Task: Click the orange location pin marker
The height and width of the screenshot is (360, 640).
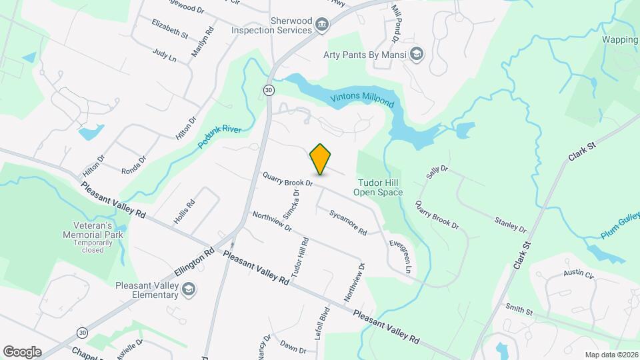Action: [x=321, y=159]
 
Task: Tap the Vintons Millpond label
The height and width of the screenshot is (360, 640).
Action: [x=363, y=101]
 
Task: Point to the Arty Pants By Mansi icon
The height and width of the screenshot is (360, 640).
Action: [x=417, y=54]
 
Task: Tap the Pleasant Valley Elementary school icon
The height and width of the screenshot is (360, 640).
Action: [x=189, y=289]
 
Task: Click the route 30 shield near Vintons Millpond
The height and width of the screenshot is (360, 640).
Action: [x=268, y=90]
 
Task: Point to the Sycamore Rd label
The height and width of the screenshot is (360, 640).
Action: [x=348, y=222]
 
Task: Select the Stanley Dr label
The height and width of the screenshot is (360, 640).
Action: [x=511, y=224]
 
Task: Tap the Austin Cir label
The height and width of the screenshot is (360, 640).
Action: [x=578, y=273]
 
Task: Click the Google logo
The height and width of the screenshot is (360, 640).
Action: [x=22, y=351]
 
